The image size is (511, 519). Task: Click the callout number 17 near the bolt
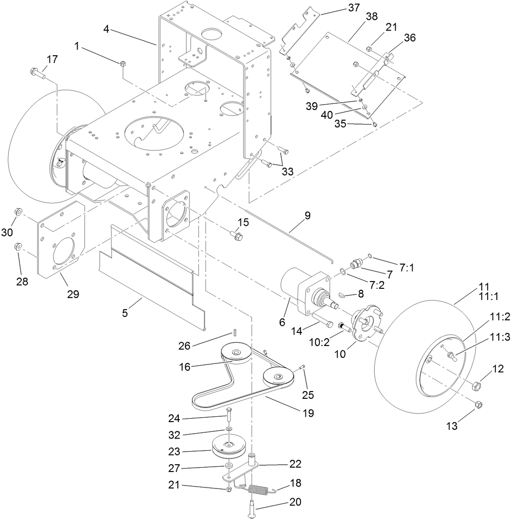click(52, 59)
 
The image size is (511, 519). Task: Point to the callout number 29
click(73, 294)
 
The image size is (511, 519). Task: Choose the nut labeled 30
click(17, 211)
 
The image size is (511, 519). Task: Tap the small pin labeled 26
click(235, 332)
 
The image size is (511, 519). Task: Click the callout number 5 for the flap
click(125, 313)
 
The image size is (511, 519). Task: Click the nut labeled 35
click(376, 125)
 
